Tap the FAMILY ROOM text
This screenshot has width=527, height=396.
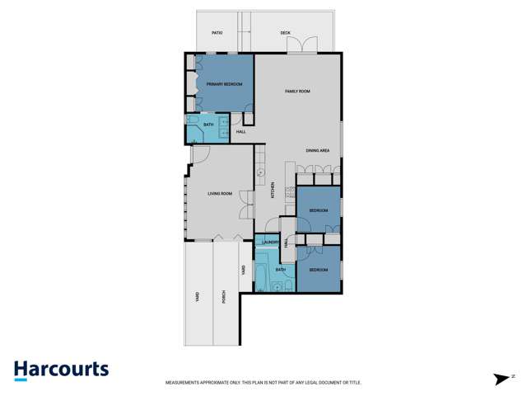(x=297, y=91)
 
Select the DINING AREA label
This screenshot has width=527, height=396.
(x=318, y=151)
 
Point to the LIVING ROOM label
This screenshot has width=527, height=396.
(x=220, y=194)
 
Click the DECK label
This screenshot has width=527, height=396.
(x=285, y=33)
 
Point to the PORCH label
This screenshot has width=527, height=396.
(x=224, y=297)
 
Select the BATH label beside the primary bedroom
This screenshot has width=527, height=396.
(x=208, y=125)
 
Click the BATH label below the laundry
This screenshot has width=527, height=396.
(x=281, y=270)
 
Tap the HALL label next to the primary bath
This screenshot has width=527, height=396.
(x=241, y=132)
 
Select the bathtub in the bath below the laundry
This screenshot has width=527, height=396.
(x=262, y=276)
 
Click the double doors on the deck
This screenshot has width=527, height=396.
(x=307, y=46)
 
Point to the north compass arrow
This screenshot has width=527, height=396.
(x=501, y=379)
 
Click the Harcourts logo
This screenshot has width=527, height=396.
(x=61, y=370)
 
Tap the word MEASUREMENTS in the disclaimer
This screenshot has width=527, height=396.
(x=184, y=383)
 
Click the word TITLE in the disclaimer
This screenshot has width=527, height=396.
(x=355, y=383)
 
